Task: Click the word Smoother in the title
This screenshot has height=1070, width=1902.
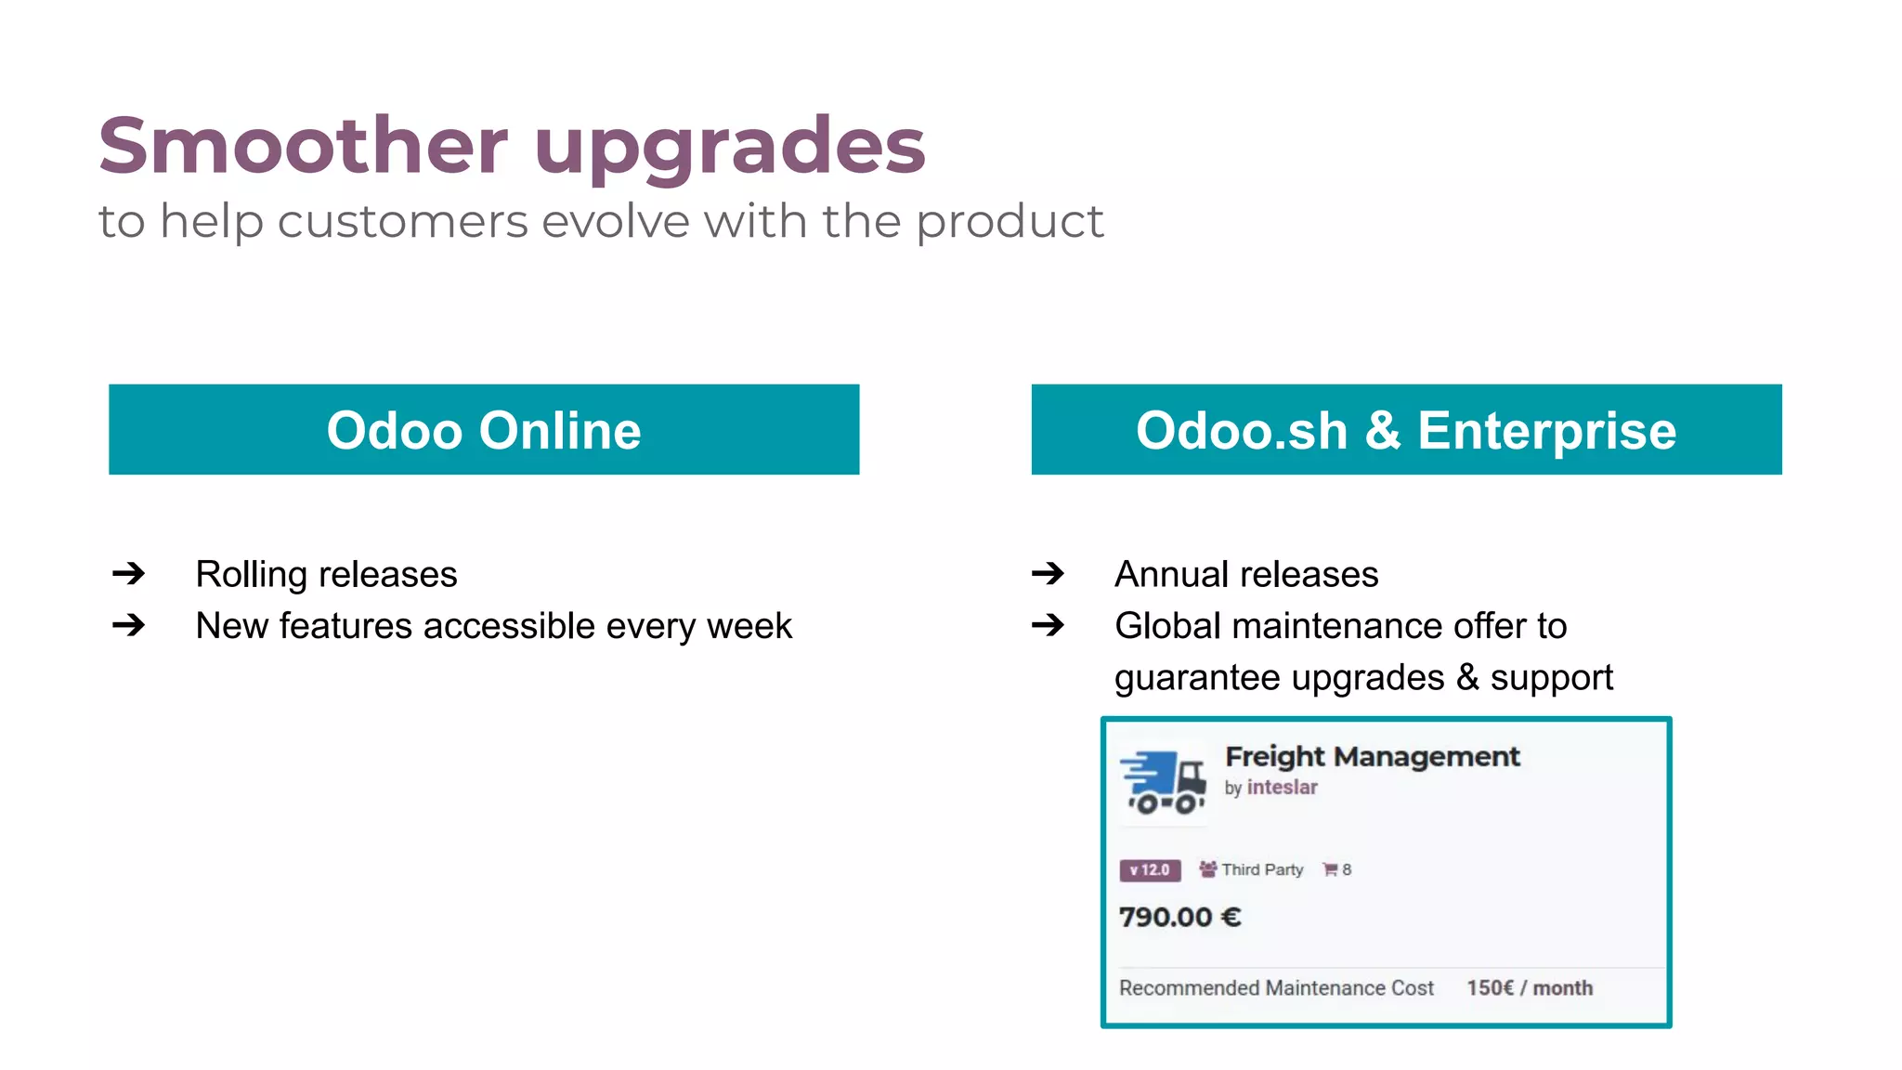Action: click(x=303, y=145)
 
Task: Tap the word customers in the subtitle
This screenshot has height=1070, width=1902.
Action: click(x=402, y=222)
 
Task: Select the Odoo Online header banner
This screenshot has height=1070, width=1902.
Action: click(x=484, y=430)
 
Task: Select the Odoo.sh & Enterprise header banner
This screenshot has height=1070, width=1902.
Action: click(x=1406, y=430)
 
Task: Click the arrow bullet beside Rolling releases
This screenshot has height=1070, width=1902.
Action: click(x=128, y=574)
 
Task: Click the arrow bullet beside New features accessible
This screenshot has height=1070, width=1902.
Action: click(x=128, y=625)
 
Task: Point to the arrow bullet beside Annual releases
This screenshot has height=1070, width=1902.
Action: click(x=1048, y=574)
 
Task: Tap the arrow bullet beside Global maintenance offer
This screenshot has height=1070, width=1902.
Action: click(x=1048, y=625)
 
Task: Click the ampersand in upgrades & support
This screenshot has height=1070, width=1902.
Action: click(x=1467, y=677)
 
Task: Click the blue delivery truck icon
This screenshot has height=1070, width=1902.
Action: click(x=1163, y=782)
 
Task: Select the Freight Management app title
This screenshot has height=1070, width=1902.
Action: click(x=1372, y=756)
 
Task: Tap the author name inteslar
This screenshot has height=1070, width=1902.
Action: click(x=1282, y=788)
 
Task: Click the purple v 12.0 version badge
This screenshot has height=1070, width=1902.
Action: click(x=1150, y=870)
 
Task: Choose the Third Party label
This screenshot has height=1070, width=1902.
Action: click(x=1261, y=870)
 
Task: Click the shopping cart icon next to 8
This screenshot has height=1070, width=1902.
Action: click(x=1330, y=870)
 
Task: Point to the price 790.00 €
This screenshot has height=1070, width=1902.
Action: click(x=1179, y=918)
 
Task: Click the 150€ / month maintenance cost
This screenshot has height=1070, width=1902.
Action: click(x=1529, y=988)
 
